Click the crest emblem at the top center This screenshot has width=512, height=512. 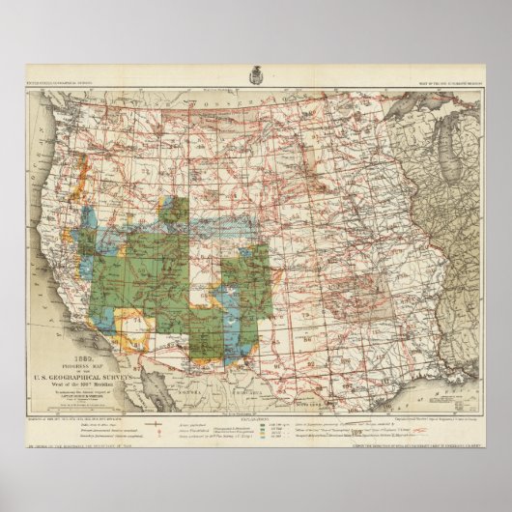pos(256,74)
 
